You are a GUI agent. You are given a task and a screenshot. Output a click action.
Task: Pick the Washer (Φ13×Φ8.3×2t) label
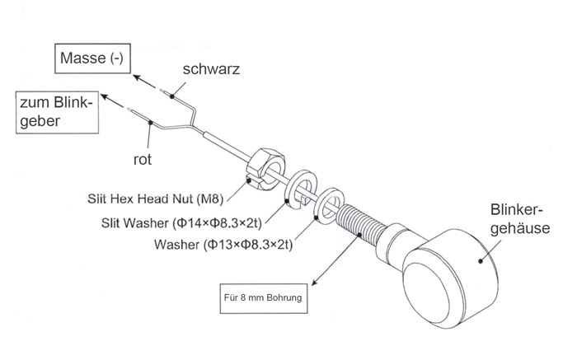coord(225,245)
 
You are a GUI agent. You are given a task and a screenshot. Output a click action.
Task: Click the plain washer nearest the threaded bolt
coord(331,205)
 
